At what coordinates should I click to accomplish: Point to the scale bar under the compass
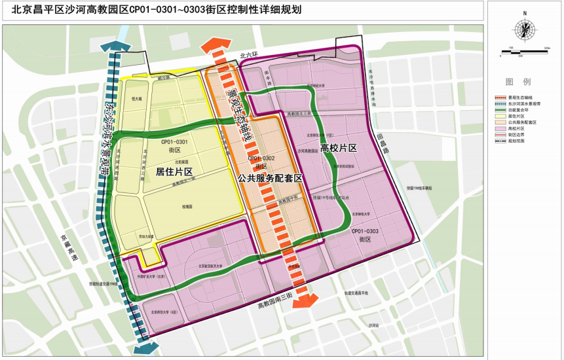click(524, 50)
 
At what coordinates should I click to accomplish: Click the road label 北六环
click(250, 57)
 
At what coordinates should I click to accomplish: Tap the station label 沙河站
click(373, 325)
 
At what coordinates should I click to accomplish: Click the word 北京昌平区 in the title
click(28, 9)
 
